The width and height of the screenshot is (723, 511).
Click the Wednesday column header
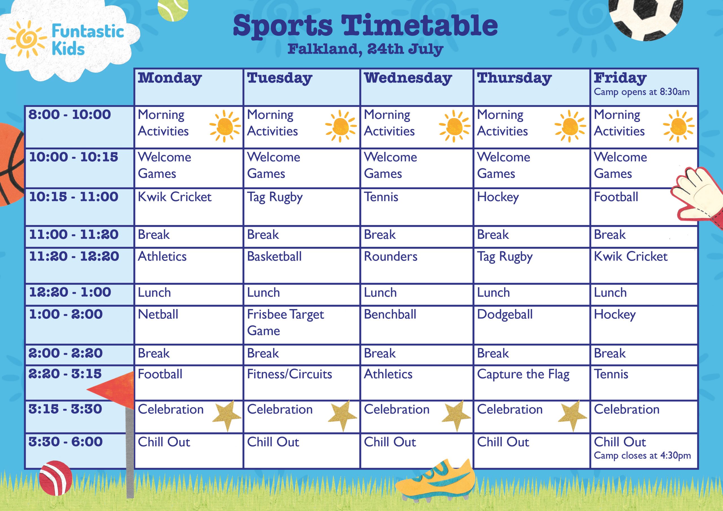408,78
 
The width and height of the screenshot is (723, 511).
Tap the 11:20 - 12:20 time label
74,256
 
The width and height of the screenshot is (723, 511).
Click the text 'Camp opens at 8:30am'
642,92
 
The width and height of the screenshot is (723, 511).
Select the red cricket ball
56,478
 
